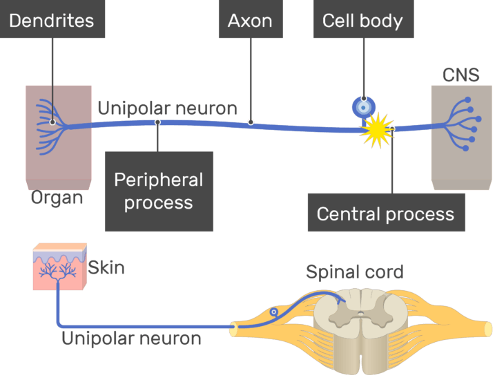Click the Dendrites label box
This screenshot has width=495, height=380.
52,20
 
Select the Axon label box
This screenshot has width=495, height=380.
249,20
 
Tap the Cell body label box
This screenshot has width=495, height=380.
362,20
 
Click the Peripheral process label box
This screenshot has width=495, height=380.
159,191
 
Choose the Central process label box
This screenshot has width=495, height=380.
385,213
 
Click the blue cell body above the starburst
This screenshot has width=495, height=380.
364,107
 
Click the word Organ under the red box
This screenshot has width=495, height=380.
57,198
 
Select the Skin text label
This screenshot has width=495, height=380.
106,267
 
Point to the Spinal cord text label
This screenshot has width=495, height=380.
354,272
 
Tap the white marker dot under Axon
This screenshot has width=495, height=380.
250,122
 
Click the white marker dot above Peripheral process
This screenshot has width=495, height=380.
158,122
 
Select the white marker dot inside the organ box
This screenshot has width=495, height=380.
52,122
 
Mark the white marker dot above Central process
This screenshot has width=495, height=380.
392,129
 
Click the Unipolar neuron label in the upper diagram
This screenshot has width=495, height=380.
167,108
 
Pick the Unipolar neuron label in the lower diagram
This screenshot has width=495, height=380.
131,339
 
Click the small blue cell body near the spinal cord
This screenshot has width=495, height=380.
275,312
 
